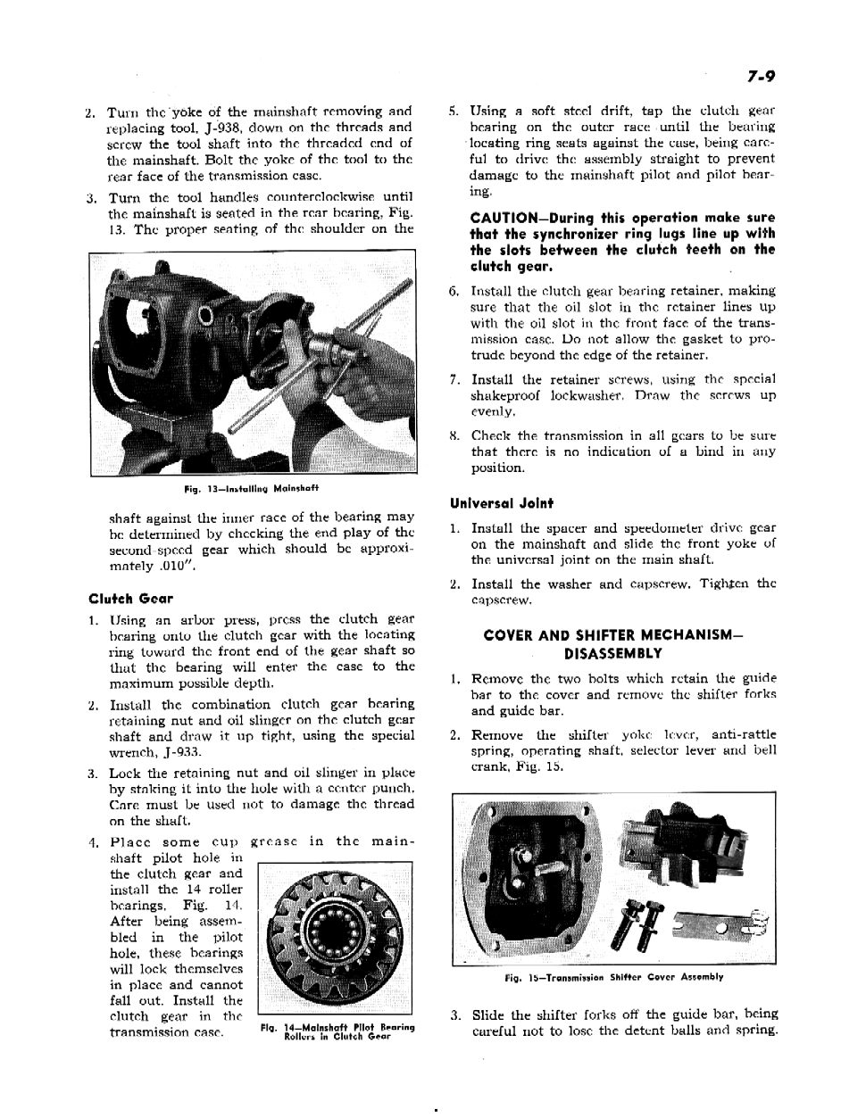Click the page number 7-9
pyautogui.click(x=757, y=78)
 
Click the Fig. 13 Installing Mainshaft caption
pyautogui.click(x=252, y=489)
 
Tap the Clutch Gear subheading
pyautogui.click(x=130, y=598)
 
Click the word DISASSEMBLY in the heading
pyautogui.click(x=613, y=653)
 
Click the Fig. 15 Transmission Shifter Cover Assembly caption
pyautogui.click(x=613, y=977)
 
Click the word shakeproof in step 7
pyautogui.click(x=508, y=395)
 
